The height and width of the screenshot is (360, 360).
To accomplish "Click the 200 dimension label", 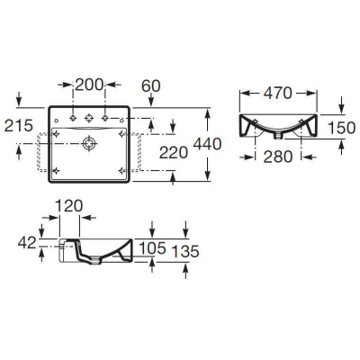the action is click(x=89, y=85).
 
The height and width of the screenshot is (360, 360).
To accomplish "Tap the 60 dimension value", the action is click(x=151, y=86).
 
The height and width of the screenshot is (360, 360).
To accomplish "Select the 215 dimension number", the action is click(x=18, y=125).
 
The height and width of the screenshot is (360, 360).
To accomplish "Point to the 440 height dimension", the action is click(x=207, y=144).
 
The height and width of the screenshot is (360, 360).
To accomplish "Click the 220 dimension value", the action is click(x=174, y=153).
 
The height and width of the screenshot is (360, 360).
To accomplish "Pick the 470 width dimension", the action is click(x=277, y=94).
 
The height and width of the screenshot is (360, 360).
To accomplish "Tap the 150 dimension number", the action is click(x=342, y=128).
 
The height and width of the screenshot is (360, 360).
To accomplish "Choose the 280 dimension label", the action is click(x=278, y=157).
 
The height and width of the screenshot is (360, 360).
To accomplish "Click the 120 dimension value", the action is click(x=69, y=206).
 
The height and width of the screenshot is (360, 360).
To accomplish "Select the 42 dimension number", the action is click(x=27, y=242).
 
